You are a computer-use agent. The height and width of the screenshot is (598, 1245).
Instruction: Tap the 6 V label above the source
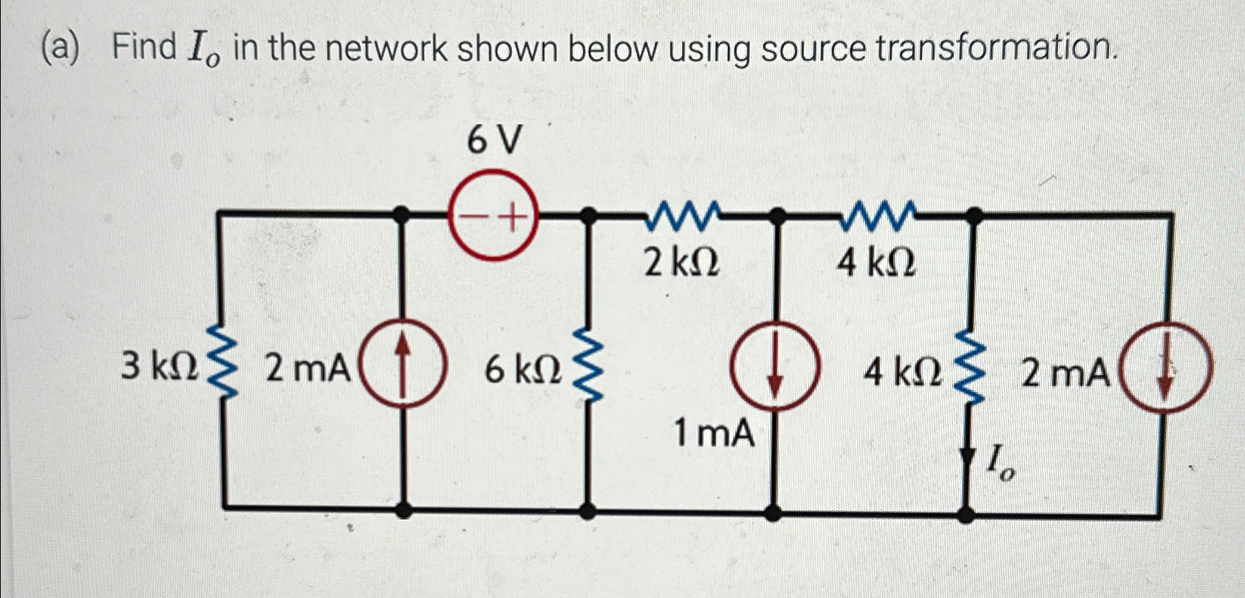click(494, 140)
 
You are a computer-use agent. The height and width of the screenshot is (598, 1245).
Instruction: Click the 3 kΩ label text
click(159, 367)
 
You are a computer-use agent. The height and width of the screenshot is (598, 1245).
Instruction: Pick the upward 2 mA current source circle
click(403, 368)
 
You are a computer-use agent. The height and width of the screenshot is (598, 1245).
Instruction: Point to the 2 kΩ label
click(681, 262)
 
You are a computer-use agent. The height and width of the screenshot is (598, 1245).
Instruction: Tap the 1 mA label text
click(714, 434)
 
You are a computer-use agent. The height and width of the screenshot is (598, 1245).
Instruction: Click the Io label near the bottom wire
click(1001, 467)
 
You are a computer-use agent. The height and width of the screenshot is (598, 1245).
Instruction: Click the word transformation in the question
click(995, 49)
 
